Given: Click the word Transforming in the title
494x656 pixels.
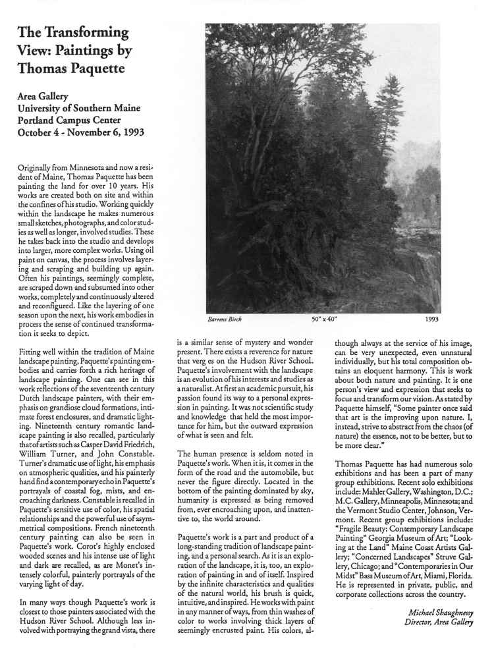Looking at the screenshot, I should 86,32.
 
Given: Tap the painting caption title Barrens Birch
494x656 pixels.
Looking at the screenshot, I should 225,319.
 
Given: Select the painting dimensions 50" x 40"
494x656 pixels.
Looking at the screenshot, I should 324,319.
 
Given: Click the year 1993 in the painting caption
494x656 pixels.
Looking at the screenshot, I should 432,319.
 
